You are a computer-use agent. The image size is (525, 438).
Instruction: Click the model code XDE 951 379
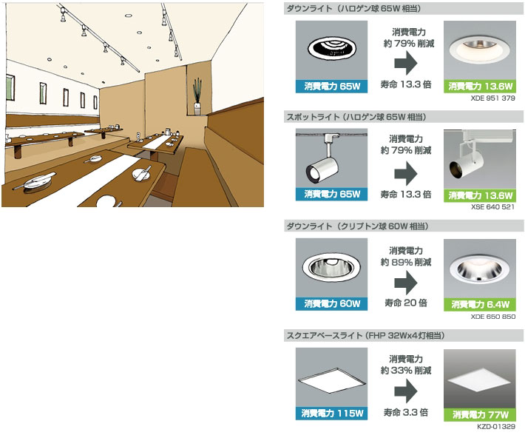(492, 98)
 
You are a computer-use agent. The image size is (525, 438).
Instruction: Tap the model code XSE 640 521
(492, 206)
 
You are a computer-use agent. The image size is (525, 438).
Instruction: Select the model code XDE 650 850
(493, 317)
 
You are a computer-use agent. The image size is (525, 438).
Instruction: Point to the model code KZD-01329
(496, 426)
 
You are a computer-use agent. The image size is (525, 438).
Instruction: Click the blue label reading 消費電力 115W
(331, 413)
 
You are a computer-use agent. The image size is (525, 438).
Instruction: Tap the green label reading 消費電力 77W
(480, 414)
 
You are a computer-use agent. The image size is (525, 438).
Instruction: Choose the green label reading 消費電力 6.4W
(480, 304)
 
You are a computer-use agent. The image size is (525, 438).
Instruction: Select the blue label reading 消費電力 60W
(331, 303)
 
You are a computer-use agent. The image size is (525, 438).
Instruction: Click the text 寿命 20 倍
(406, 303)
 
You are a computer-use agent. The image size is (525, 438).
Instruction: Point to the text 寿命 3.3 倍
(406, 412)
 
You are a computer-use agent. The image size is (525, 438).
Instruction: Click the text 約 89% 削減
(406, 262)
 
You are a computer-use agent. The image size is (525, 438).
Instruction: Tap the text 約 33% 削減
(406, 371)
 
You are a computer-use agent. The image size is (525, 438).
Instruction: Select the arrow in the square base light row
(405, 391)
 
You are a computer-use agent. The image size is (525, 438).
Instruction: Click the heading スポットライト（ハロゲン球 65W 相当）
(356, 117)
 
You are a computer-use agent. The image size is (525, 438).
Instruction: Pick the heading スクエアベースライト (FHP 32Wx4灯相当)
(365, 335)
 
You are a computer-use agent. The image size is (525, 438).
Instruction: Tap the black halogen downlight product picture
(331, 50)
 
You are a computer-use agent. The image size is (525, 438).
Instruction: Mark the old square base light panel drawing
(331, 381)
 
